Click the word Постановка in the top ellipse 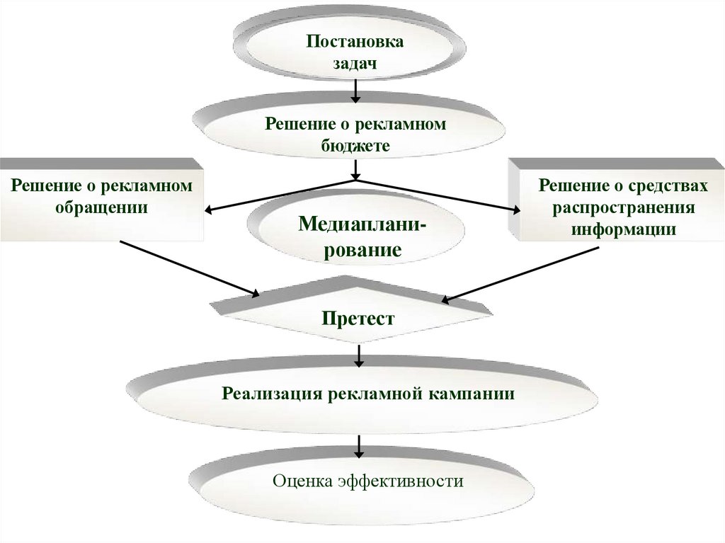point(355,41)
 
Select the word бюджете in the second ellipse point(355,146)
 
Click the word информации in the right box point(624,229)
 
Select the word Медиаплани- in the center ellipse point(362,225)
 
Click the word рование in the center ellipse point(362,250)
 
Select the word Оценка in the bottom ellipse point(302,482)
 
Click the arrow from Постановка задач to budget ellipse point(356,90)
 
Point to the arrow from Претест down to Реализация point(359,355)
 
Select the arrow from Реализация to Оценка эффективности point(359,446)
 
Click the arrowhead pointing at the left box point(211,210)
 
